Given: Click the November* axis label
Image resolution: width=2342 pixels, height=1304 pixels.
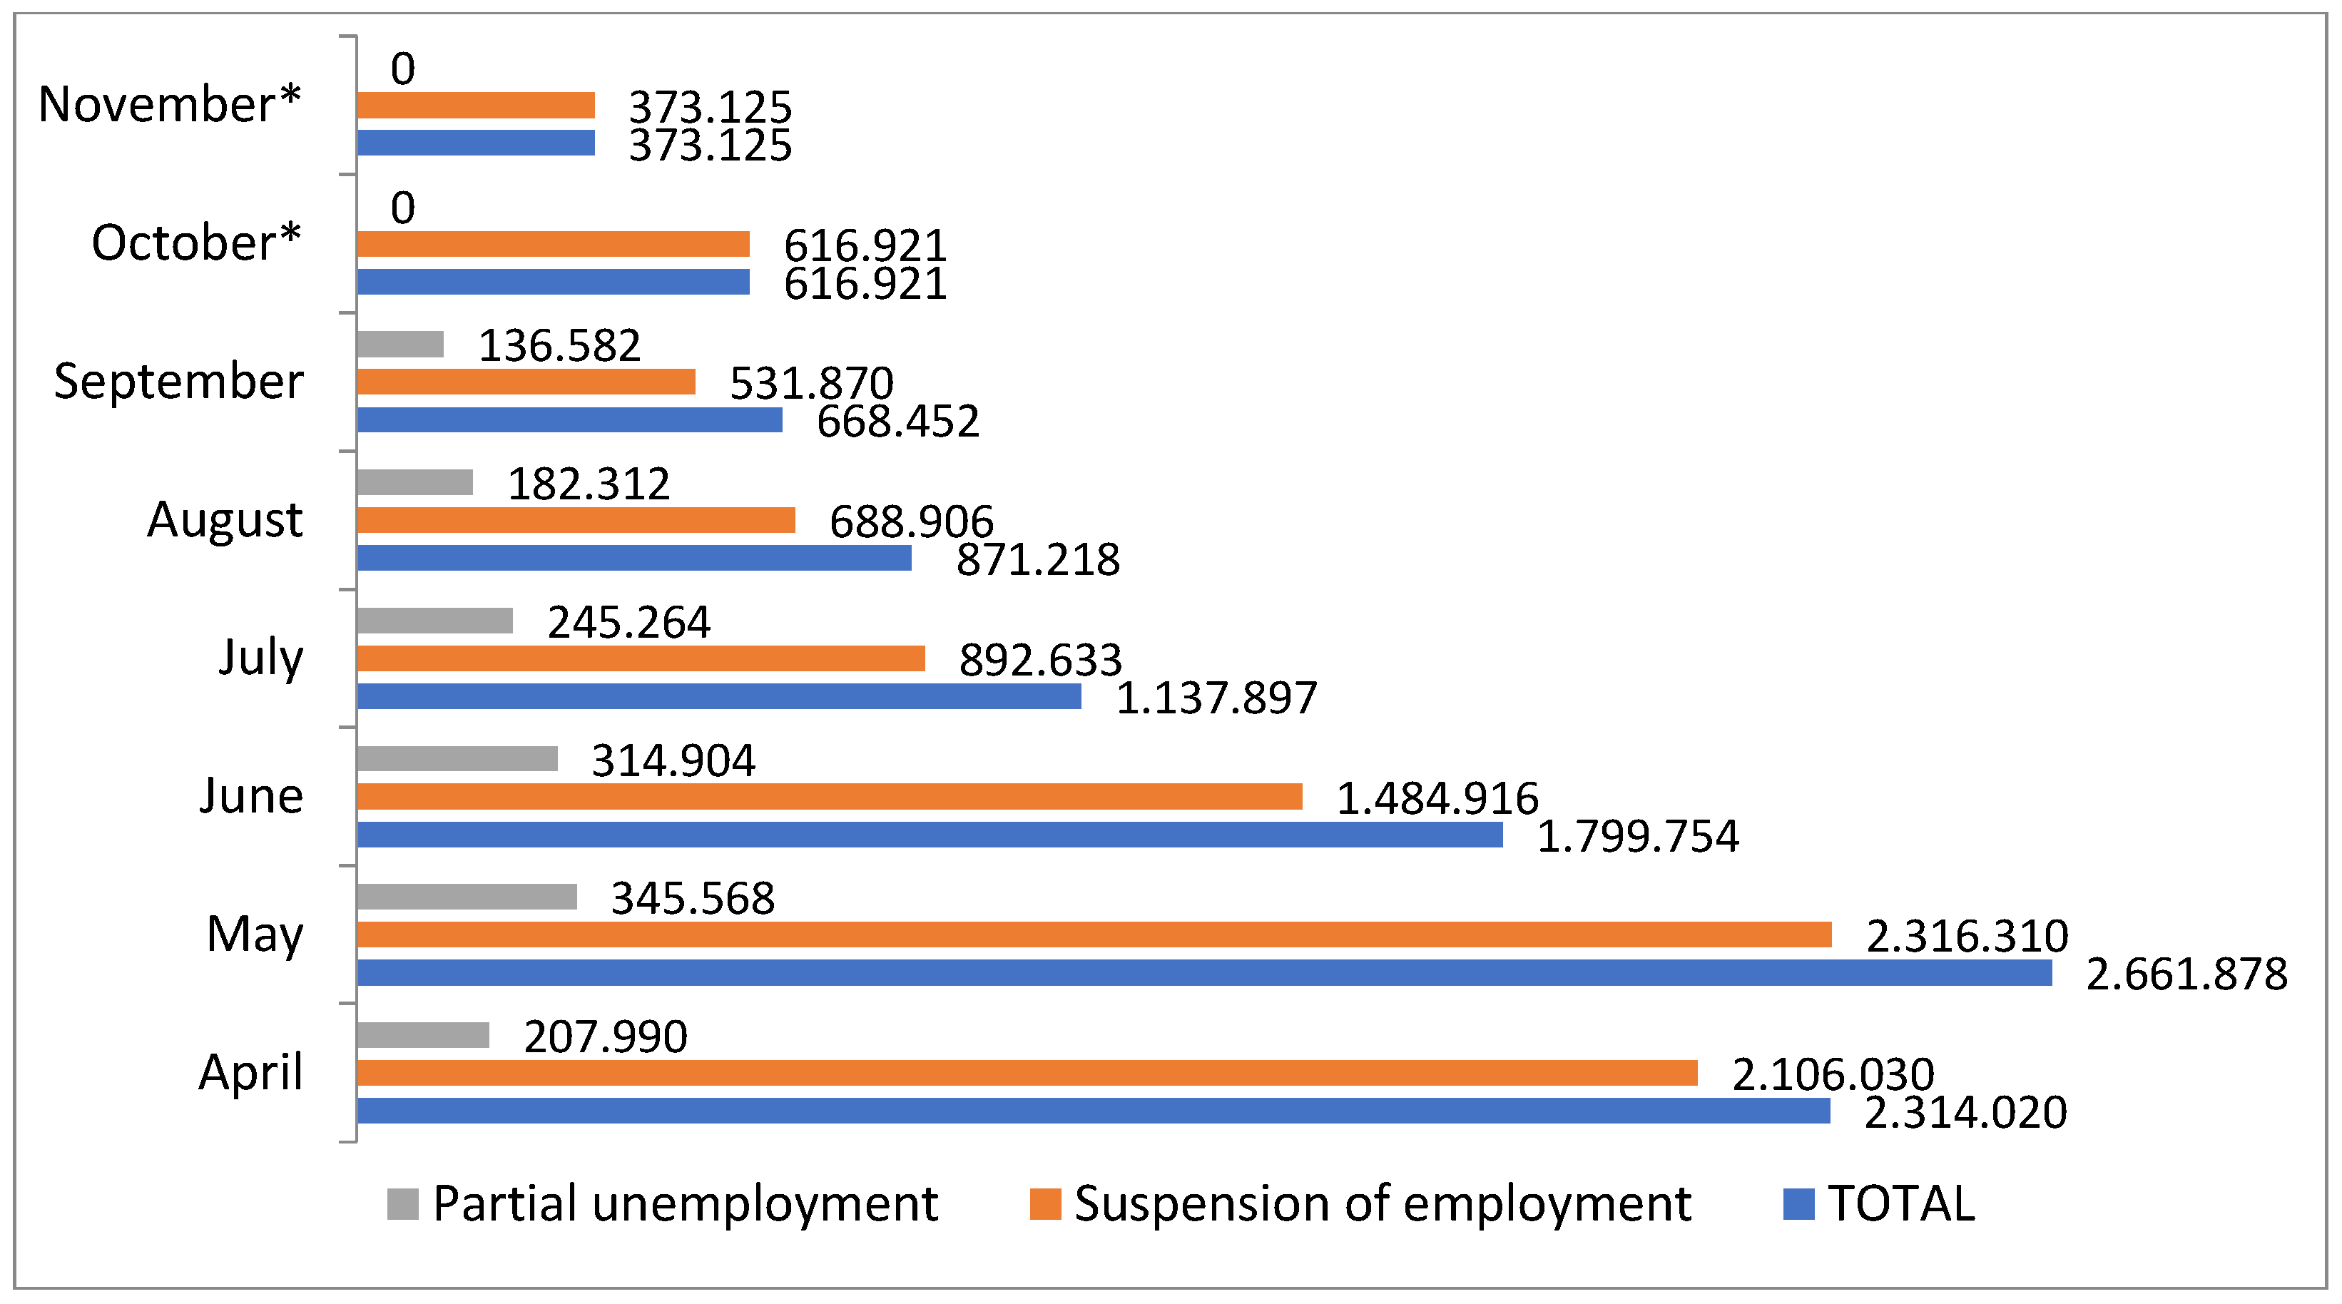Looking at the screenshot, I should pos(169,103).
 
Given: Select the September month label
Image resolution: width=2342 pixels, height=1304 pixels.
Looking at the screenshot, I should pos(178,381).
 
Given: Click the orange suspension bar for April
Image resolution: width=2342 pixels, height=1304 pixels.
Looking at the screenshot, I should pos(1027,1073).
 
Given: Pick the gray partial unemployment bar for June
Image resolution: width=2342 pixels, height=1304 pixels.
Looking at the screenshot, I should pos(457,758).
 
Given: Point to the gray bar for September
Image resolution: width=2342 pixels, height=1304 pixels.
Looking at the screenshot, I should pos(400,344).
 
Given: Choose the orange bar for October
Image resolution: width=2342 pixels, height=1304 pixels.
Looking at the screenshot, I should pos(553,244).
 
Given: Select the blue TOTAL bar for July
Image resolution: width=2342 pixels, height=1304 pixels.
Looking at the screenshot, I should pos(719,696).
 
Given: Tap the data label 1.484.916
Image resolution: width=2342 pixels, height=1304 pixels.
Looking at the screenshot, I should pos(1437,798).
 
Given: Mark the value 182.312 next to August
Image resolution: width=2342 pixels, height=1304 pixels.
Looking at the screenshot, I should pos(589,484).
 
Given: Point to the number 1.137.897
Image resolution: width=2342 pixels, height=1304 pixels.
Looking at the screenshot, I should pos(1216,698).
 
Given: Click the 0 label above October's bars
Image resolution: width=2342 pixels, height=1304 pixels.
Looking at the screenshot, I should pos(403,208).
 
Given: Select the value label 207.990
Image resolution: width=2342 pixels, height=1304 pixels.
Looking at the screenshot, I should pos(606,1036).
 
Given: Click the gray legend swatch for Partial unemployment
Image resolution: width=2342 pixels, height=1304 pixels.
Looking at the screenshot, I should pos(403,1204).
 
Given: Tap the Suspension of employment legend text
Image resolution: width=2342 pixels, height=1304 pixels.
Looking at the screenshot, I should pos(1383,1204).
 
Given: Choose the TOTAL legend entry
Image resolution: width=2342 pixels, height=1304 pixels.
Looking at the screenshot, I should pos(1901,1204).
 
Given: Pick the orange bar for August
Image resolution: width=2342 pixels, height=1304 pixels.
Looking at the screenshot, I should pos(576,520).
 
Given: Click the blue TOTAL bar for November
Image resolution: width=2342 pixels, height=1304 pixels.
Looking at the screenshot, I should pos(476,143).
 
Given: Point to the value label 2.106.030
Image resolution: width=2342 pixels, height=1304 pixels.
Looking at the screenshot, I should pos(1833,1075).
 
